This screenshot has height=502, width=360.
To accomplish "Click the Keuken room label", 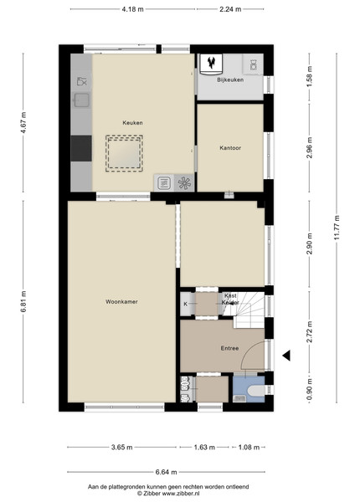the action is click(x=132, y=123).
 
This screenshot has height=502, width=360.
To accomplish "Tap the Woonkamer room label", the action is click(x=121, y=301).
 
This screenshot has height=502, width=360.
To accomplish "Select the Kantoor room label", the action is click(x=230, y=148).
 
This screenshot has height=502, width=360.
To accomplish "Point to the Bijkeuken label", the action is click(x=230, y=79).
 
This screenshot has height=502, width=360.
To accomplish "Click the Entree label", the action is click(x=229, y=348).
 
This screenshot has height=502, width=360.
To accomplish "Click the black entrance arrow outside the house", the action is click(x=286, y=355).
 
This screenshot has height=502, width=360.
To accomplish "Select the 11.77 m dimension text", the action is click(x=337, y=228).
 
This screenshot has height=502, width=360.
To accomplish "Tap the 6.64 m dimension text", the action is click(x=167, y=472).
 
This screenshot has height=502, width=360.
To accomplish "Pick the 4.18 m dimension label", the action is click(x=132, y=9).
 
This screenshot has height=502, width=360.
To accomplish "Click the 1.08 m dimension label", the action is click(x=249, y=448).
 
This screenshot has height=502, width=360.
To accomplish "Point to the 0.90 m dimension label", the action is click(x=310, y=389).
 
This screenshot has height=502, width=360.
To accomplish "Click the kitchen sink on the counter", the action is click(x=81, y=100).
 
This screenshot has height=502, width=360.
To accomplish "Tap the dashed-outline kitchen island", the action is click(x=124, y=154).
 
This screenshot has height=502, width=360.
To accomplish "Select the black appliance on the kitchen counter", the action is click(x=81, y=148).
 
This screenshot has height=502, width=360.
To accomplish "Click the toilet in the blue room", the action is click(x=257, y=390).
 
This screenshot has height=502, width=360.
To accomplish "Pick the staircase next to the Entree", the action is click(x=248, y=310).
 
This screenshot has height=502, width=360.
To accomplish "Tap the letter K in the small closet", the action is click(x=186, y=305).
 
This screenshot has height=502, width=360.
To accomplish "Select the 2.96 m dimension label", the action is click(x=310, y=147).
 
